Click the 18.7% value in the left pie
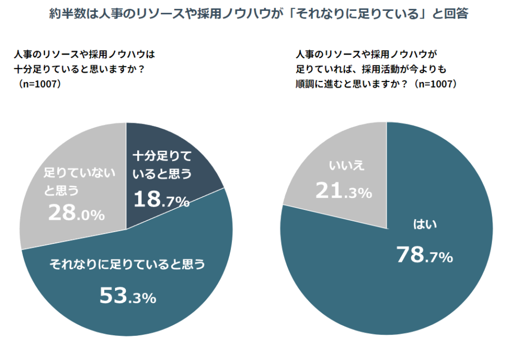[161, 199]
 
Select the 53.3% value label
[127, 296]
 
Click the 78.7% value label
[424, 255]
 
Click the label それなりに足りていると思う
[127, 265]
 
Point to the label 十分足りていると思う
[162, 165]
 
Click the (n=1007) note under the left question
[39, 84]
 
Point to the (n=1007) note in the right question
[436, 84]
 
